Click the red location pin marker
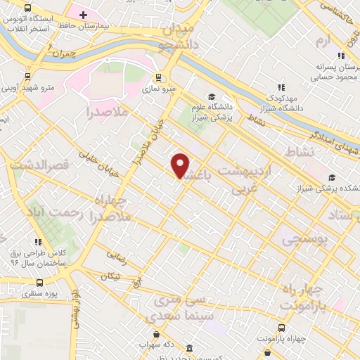click(181, 165)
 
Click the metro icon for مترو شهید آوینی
click(27, 77)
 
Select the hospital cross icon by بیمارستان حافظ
click(84, 15)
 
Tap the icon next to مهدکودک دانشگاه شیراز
click(281, 86)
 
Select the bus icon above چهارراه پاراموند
click(281, 328)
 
